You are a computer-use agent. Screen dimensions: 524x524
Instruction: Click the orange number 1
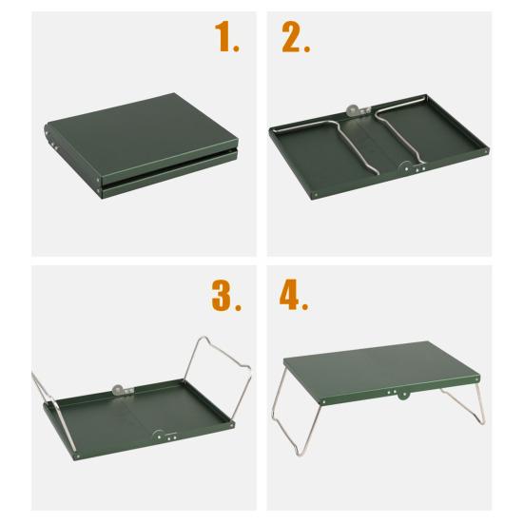click(223, 36)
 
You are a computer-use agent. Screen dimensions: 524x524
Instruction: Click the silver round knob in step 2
click(352, 110)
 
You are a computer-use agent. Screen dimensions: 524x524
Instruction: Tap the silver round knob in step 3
click(118, 390)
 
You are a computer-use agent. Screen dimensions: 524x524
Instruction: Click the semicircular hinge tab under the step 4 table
click(403, 396)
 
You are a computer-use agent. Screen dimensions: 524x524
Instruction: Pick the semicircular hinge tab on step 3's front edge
click(159, 436)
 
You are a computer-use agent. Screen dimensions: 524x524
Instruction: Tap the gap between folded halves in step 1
click(168, 165)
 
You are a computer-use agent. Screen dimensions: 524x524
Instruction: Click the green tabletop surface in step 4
click(381, 369)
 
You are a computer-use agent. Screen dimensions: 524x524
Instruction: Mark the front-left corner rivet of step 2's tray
click(316, 194)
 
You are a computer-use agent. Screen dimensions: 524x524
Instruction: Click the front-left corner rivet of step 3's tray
click(78, 456)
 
